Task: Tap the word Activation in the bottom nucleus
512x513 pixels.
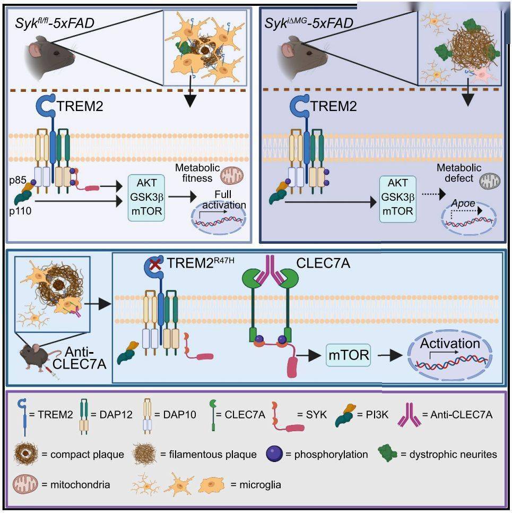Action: [449, 344]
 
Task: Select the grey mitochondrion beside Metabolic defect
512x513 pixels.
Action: [485, 182]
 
